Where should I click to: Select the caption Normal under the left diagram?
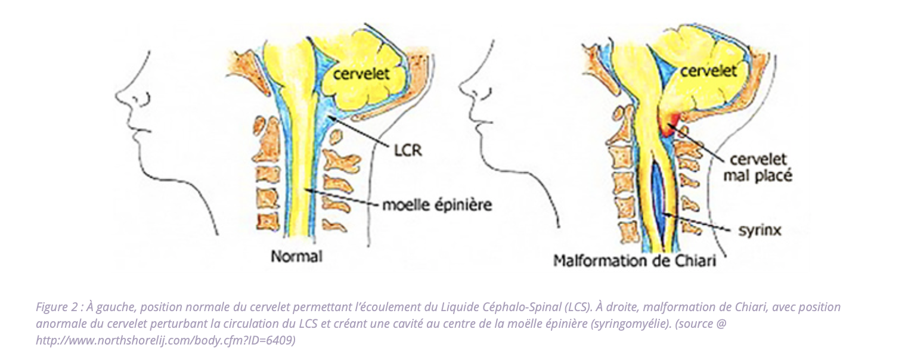pos(296,257)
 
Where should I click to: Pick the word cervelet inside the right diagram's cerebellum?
pos(708,71)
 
